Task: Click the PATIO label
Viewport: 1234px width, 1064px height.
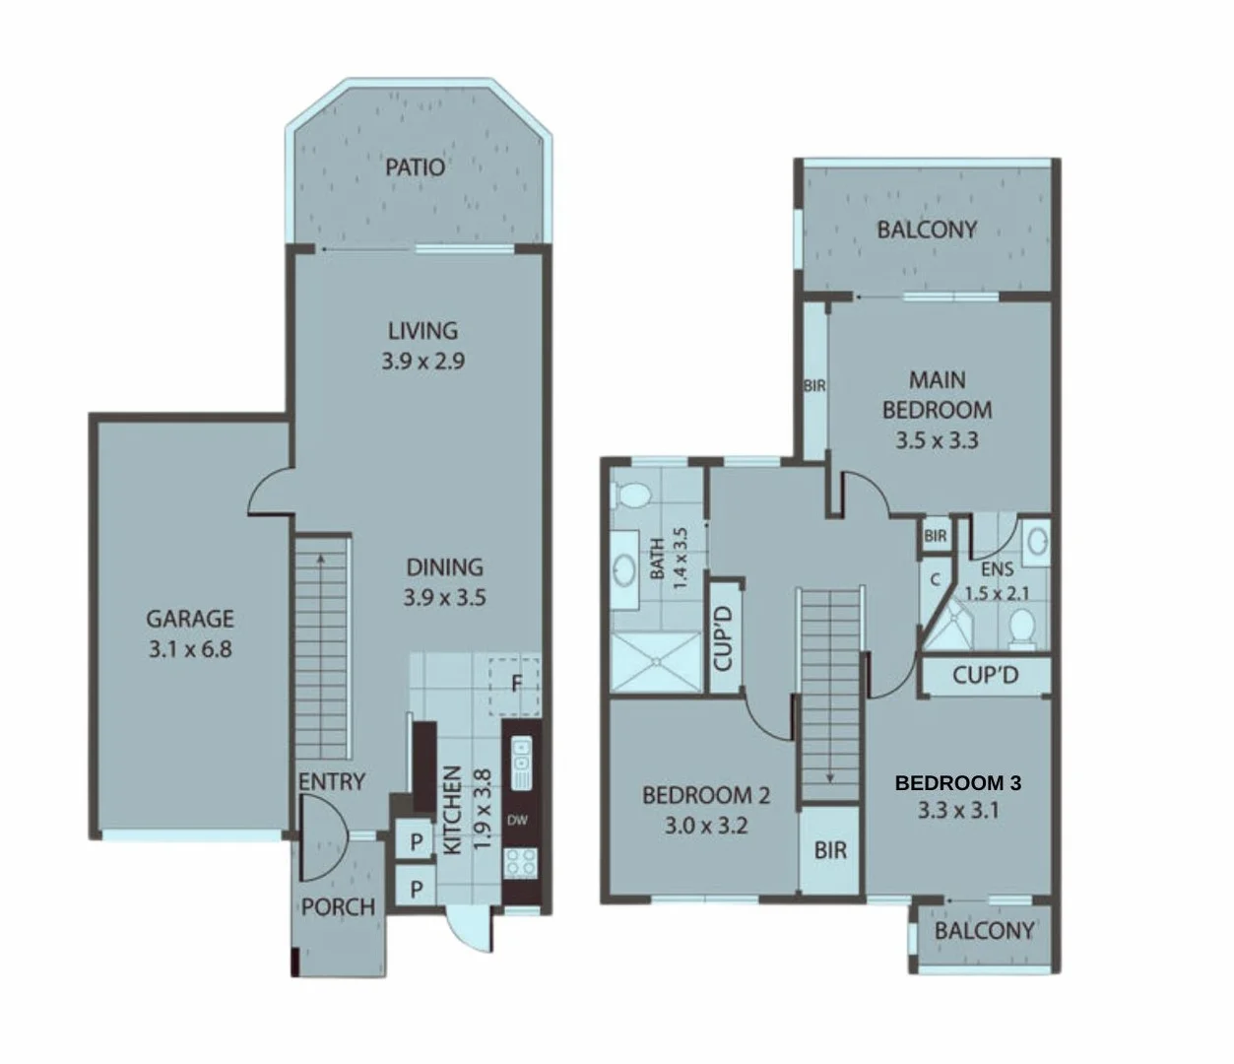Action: (x=415, y=166)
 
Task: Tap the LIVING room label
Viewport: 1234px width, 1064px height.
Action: (x=422, y=331)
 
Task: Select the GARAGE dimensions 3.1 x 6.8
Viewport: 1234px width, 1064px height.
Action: (x=190, y=649)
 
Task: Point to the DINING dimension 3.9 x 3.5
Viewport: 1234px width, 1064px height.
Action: (x=444, y=597)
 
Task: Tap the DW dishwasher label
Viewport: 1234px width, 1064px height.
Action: (x=517, y=820)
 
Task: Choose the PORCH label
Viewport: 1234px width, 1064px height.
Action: (x=338, y=906)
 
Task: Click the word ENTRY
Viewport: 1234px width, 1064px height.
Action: (x=332, y=782)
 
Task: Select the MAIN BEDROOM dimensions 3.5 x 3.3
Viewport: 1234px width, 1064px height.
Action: (x=937, y=440)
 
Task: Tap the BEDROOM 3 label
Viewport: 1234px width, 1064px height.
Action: (x=957, y=783)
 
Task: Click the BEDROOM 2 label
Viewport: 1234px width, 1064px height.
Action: (x=706, y=795)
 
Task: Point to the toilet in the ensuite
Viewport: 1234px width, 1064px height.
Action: (x=1023, y=628)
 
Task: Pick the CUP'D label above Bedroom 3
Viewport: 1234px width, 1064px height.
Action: (x=985, y=676)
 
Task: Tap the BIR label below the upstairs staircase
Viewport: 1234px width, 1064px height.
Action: (x=830, y=849)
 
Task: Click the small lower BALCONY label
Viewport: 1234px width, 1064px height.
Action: (x=984, y=930)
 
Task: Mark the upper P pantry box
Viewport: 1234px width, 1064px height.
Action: (x=417, y=842)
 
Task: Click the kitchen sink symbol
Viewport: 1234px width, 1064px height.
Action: (x=521, y=760)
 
